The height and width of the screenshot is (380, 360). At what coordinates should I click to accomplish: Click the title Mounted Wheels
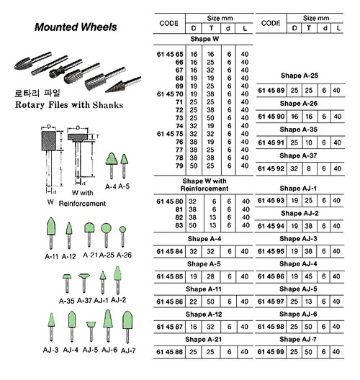[76, 27]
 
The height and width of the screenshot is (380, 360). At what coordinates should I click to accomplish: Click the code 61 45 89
[271, 91]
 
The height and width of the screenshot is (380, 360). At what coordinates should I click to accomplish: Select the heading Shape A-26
[298, 104]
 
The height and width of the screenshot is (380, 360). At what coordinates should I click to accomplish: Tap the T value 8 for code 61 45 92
[308, 168]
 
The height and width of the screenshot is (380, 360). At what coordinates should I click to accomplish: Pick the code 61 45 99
[271, 352]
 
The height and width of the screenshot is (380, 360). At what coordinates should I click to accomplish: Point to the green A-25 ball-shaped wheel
[106, 235]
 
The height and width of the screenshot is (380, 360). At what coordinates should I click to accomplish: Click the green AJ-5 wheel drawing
[91, 332]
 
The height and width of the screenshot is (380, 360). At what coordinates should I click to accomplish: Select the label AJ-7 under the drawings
[128, 350]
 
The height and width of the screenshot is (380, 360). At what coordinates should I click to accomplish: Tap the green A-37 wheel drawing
[84, 283]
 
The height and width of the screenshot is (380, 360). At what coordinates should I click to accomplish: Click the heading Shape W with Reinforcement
[204, 185]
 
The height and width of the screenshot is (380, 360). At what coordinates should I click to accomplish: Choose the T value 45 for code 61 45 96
[308, 276]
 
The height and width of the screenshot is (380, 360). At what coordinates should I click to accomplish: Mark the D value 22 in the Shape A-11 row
[193, 302]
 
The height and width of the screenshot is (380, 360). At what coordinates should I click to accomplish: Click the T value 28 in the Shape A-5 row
[210, 276]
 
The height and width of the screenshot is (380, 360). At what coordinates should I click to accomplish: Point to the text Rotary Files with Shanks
[69, 105]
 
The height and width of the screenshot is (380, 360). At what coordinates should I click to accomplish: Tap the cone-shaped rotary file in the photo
[123, 84]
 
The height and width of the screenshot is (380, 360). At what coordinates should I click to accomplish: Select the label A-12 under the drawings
[69, 256]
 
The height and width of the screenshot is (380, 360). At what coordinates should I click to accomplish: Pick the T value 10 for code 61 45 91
[309, 142]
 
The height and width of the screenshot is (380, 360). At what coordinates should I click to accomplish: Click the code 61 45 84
[169, 251]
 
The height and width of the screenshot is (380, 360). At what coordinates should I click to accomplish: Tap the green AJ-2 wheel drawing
[117, 280]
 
